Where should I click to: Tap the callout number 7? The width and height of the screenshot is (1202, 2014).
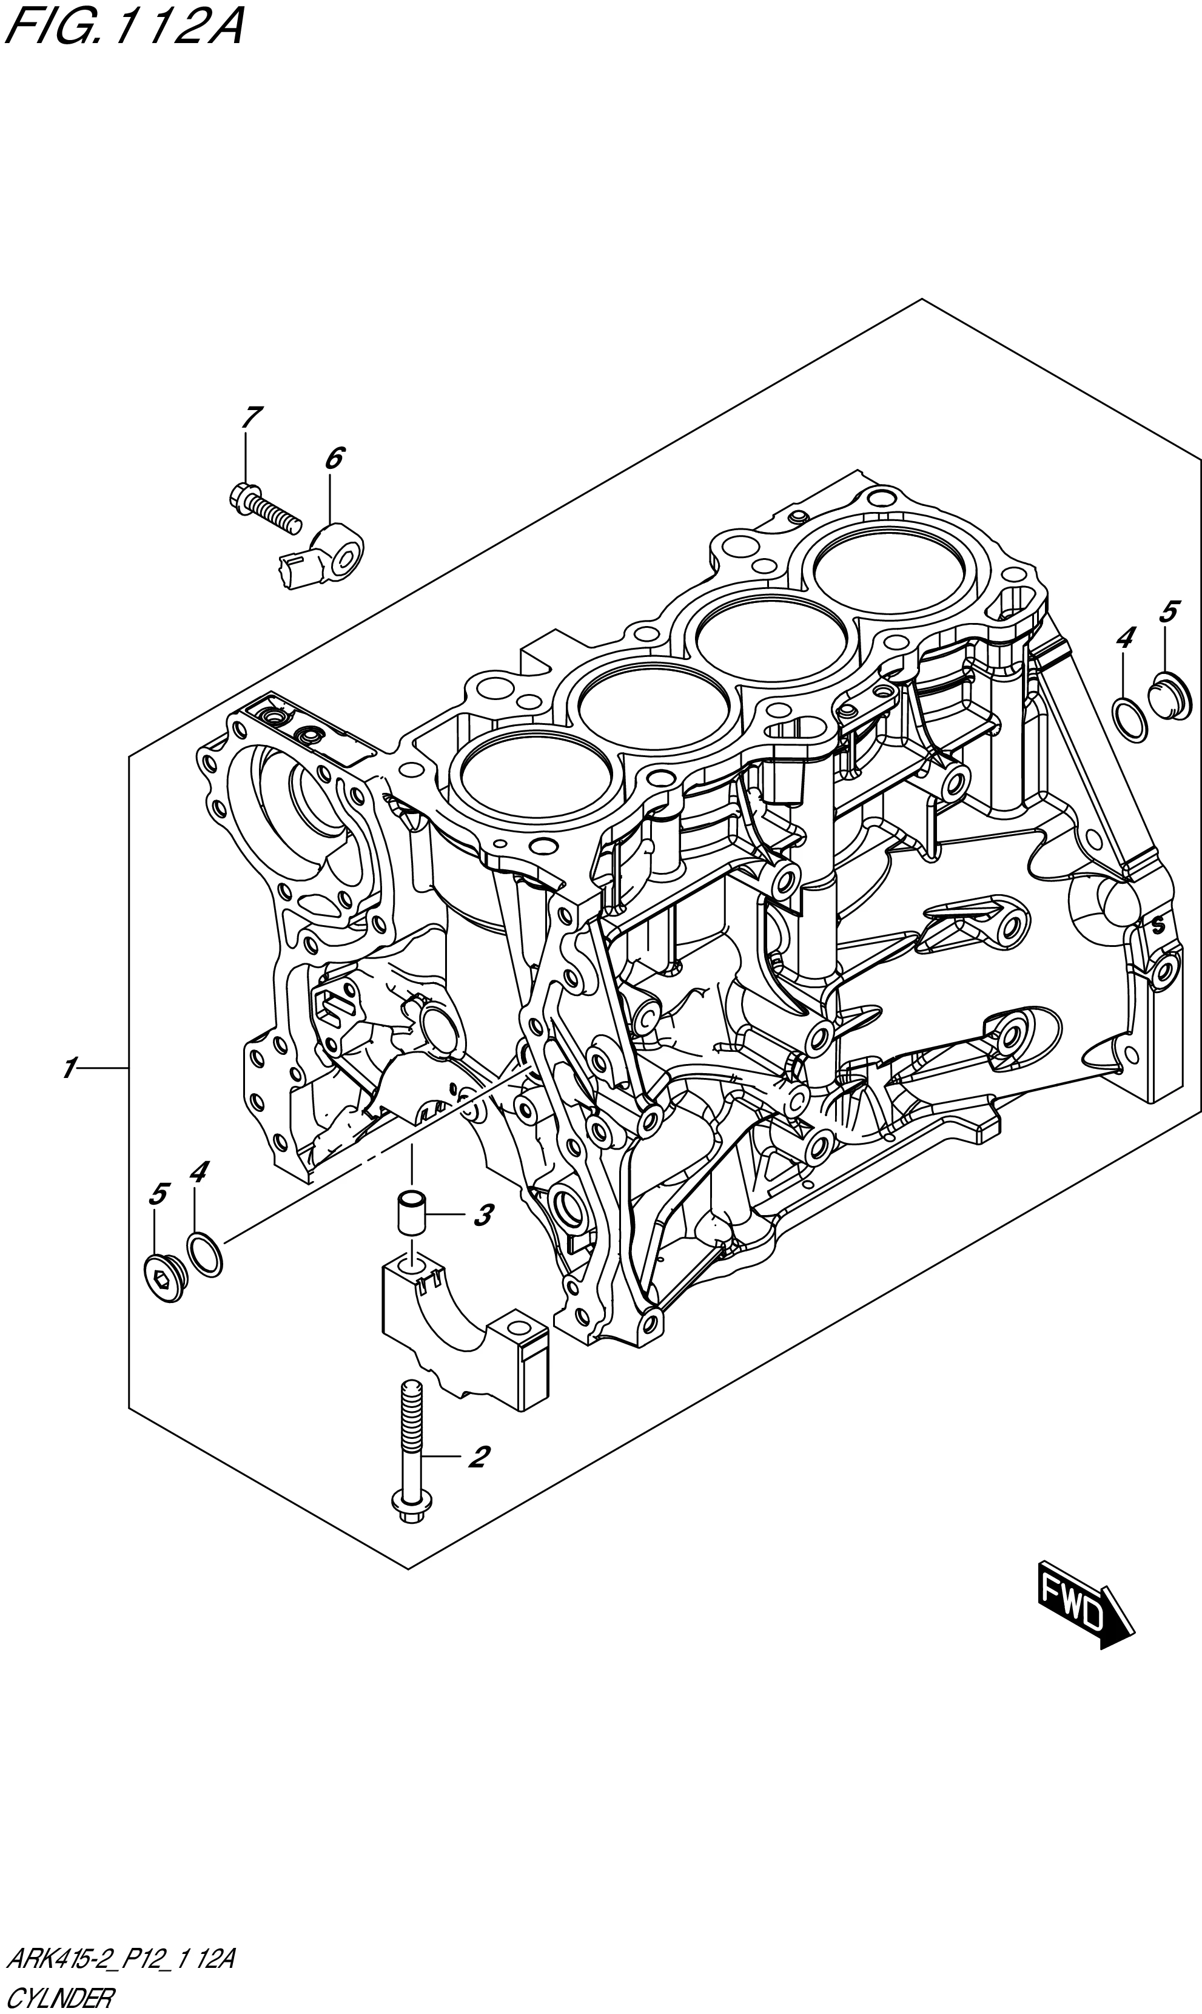coord(251,418)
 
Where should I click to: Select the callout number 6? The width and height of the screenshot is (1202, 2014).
coord(334,459)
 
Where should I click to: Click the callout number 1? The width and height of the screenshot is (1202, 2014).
coord(70,1068)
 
